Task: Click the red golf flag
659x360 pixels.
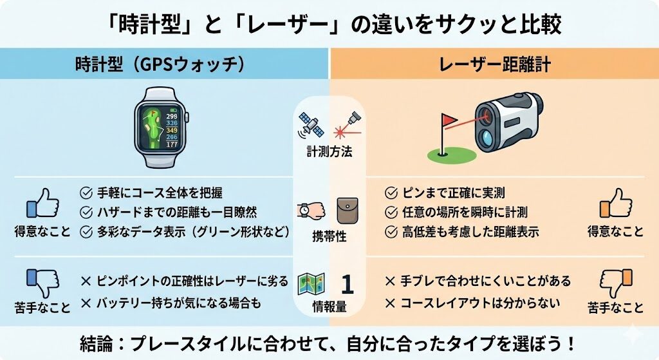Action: [x=449, y=120]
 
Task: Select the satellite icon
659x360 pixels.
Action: [x=311, y=124]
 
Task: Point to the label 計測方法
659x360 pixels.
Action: [x=329, y=151]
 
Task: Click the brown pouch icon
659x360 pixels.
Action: [x=348, y=211]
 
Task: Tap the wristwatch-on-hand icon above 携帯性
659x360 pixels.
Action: [x=311, y=210]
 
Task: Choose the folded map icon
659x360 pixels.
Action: [x=311, y=284]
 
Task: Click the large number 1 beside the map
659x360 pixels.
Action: [x=347, y=284]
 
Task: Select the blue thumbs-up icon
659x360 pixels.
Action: [x=42, y=203]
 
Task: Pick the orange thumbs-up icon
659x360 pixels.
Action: [x=615, y=203]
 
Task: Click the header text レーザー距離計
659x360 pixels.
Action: [x=495, y=64]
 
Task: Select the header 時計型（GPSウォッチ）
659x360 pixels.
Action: [x=160, y=64]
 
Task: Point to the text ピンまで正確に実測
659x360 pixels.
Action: [x=454, y=193]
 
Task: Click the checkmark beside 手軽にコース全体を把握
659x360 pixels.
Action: [x=86, y=193]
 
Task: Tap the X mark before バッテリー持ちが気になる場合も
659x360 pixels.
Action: [x=86, y=303]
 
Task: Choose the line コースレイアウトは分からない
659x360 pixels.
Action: [x=480, y=303]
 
